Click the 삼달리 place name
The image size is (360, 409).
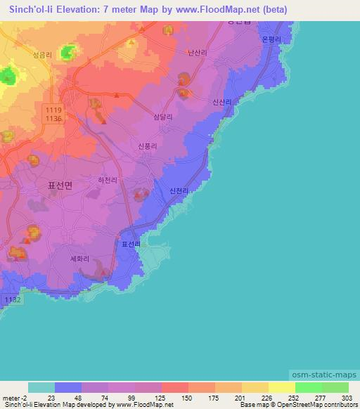[163, 117]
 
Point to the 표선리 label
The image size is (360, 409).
[131, 245]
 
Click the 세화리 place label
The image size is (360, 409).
[79, 258]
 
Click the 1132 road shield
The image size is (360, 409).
[13, 300]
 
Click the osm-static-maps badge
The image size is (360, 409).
[323, 375]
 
